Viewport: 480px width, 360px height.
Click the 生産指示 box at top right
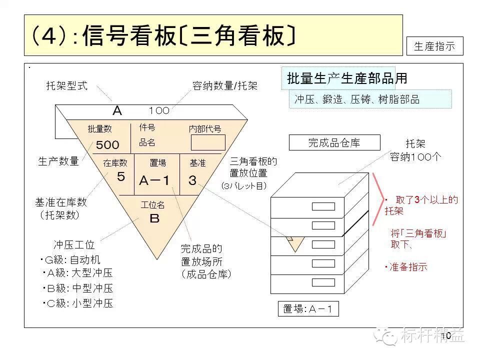(x=434, y=46)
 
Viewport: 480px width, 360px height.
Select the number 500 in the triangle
(x=107, y=145)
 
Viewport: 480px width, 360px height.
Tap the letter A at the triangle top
(x=117, y=110)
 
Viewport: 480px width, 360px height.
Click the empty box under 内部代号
(x=208, y=142)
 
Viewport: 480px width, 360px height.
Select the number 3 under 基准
(x=192, y=180)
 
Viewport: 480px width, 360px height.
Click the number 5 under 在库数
(x=120, y=177)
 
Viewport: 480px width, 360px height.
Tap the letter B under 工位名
(x=154, y=218)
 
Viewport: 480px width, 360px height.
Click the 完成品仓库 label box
(x=333, y=143)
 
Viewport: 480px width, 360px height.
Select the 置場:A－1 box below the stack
(x=308, y=309)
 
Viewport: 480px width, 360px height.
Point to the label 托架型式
(x=66, y=85)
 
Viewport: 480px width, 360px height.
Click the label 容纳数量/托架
(x=225, y=85)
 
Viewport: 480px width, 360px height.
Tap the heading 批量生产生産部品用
(x=346, y=78)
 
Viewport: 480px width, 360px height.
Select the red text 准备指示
(x=408, y=267)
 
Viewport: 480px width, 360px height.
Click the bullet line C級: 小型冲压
(x=78, y=303)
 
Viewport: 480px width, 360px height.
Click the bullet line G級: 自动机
(x=71, y=260)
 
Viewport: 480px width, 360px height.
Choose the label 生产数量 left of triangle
(x=58, y=161)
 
